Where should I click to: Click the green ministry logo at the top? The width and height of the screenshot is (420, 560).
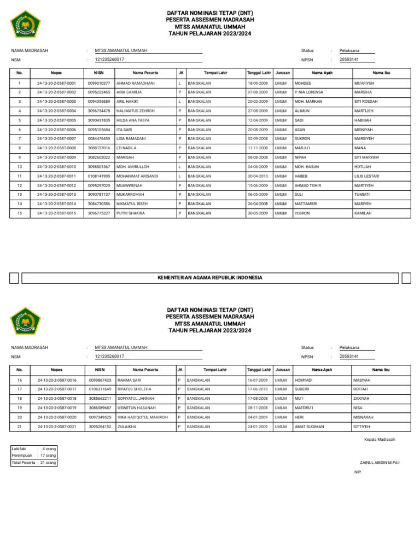pyautogui.click(x=25, y=24)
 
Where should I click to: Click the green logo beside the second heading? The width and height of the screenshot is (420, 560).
pyautogui.click(x=25, y=320)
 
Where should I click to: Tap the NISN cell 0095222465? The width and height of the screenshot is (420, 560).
pyautogui.click(x=99, y=92)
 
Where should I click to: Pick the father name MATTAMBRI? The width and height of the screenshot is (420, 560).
pyautogui.click(x=306, y=204)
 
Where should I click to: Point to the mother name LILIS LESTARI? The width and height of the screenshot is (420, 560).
pyautogui.click(x=367, y=176)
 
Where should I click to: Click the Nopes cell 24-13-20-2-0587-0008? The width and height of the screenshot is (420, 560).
pyautogui.click(x=56, y=148)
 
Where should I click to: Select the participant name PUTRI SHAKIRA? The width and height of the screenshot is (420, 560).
pyautogui.click(x=131, y=213)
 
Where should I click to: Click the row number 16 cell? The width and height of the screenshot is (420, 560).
pyautogui.click(x=20, y=380)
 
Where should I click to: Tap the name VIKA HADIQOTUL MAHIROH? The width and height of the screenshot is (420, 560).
pyautogui.click(x=142, y=417)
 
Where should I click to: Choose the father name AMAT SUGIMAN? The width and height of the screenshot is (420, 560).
pyautogui.click(x=309, y=427)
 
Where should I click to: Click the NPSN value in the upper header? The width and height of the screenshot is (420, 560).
pyautogui.click(x=349, y=59)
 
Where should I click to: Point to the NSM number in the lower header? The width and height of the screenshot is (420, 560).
pyautogui.click(x=109, y=356)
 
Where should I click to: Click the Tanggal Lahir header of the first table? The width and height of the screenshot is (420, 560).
pyautogui.click(x=259, y=72)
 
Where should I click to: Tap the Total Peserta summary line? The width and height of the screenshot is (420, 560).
pyautogui.click(x=33, y=463)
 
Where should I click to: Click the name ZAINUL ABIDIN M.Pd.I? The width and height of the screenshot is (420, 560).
pyautogui.click(x=380, y=463)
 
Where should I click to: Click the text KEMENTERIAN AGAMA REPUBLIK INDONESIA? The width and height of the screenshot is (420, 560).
pyautogui.click(x=210, y=278)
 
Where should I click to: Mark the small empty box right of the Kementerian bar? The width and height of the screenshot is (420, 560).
pyautogui.click(x=406, y=278)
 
